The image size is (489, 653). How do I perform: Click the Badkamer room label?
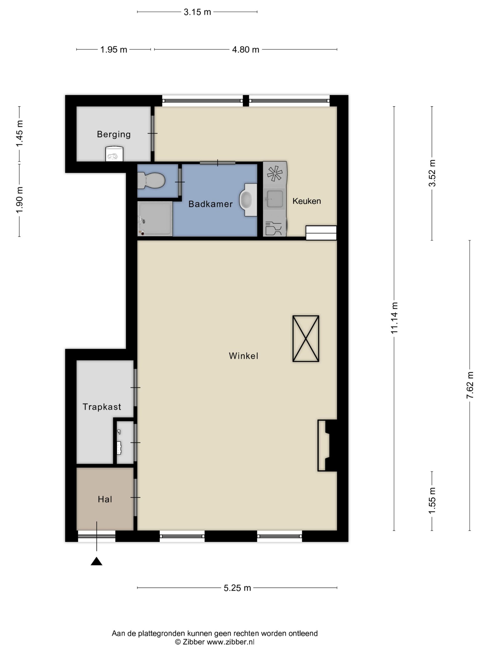tap(210, 204)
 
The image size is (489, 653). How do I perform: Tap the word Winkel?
tap(243, 356)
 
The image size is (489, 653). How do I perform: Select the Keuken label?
tap(307, 201)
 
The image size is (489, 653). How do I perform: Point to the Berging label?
tap(114, 135)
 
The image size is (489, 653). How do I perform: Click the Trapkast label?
tap(102, 407)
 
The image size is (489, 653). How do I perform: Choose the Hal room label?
tap(105, 499)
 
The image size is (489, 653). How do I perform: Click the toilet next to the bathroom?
tap(151, 180)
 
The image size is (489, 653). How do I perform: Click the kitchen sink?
tap(275, 199)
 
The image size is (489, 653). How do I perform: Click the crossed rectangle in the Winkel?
tap(306, 338)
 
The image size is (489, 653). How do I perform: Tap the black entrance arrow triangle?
tap(96, 561)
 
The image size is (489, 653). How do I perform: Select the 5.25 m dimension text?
tap(237, 588)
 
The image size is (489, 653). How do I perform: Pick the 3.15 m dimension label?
tap(197, 12)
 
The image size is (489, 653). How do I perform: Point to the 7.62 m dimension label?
tap(470, 385)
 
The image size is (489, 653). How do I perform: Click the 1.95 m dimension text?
tap(114, 49)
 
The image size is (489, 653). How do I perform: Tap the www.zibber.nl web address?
tap(230, 642)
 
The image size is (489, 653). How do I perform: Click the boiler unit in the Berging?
tap(114, 154)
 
